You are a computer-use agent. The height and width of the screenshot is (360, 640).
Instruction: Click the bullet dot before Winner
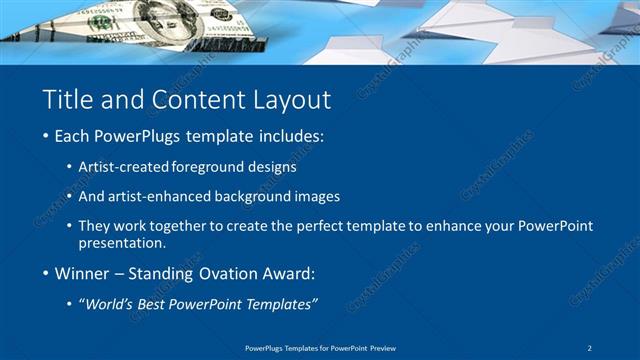[x=47, y=273]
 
